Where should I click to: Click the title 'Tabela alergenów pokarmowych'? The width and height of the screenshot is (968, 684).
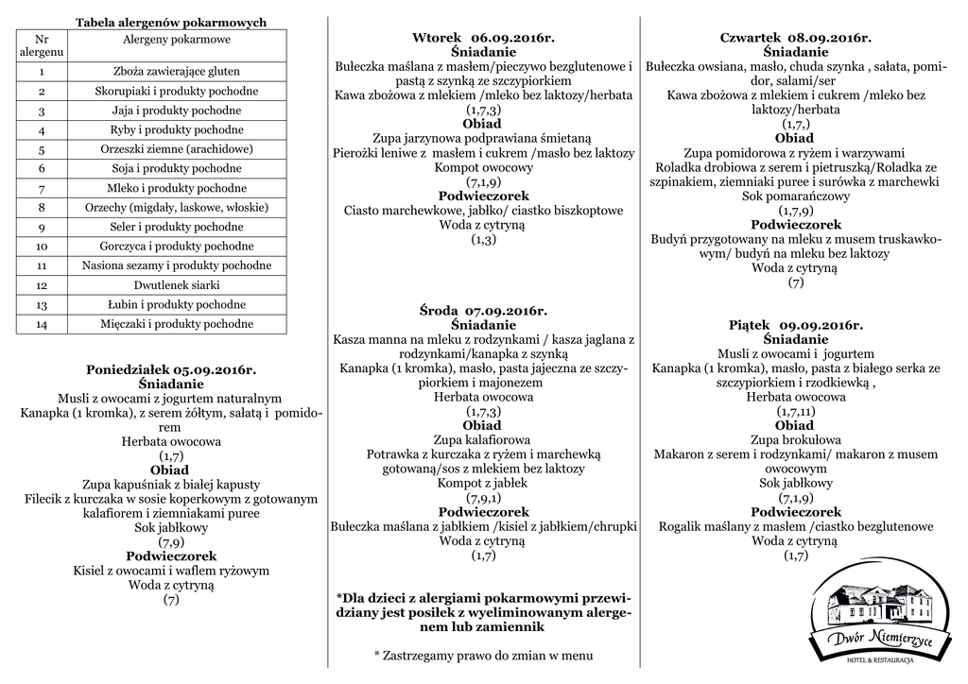pos(171,22)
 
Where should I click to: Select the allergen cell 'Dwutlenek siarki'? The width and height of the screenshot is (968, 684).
pos(177,285)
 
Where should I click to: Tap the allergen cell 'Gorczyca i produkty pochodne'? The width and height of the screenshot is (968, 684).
pos(177,247)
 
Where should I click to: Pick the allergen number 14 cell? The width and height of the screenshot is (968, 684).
pos(42,324)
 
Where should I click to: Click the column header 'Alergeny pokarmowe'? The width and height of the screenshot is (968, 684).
pos(177,39)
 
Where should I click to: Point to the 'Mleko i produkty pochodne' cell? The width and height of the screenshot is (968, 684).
pos(177,188)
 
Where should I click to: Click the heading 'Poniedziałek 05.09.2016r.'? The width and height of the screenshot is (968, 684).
pos(171,370)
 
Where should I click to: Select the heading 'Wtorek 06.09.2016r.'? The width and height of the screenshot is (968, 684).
pos(483,38)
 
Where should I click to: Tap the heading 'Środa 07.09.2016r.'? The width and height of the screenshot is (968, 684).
pos(483,310)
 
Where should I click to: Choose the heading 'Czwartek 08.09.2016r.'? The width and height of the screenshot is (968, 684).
pos(795,38)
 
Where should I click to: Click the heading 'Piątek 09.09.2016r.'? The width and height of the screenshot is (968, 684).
pos(795,325)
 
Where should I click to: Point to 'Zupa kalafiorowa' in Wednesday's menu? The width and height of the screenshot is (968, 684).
pos(482,440)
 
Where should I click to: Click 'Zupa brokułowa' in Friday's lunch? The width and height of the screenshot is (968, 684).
pos(795,440)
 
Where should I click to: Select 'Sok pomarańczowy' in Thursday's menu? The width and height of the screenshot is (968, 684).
pos(795,197)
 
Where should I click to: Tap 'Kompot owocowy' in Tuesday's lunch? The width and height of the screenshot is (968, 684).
pos(483,167)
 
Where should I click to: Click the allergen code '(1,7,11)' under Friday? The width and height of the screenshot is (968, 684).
pos(795,412)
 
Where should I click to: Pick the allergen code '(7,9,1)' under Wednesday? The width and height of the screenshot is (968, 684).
pos(483,497)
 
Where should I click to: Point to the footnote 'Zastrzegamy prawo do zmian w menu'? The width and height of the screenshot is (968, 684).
pos(483,655)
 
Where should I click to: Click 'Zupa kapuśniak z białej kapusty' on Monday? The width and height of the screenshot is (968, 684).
pos(171,485)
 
